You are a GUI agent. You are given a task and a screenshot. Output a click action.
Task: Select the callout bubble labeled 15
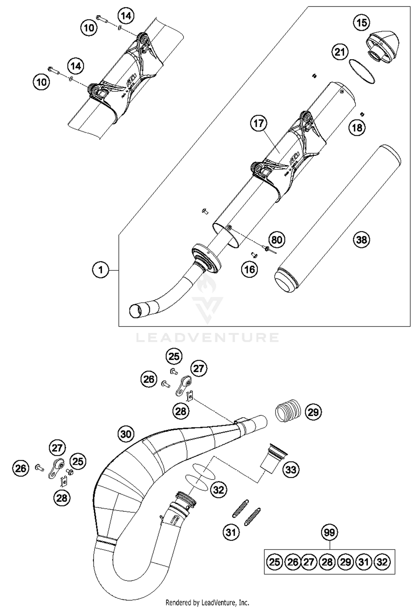pyautogui.click(x=362, y=22)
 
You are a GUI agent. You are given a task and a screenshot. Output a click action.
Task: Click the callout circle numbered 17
pyautogui.click(x=259, y=123)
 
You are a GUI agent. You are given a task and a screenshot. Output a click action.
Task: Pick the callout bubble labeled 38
pyautogui.click(x=361, y=240)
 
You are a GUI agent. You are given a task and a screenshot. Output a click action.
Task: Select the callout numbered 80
pyautogui.click(x=277, y=240)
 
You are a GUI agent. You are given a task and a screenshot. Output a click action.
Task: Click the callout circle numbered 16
pyautogui.click(x=250, y=269)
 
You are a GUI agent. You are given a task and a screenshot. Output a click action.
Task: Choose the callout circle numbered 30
pyautogui.click(x=126, y=434)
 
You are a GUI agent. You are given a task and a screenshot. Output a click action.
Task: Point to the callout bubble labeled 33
pyautogui.click(x=291, y=470)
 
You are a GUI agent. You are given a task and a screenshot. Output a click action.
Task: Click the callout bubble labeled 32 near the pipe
pyautogui.click(x=219, y=490)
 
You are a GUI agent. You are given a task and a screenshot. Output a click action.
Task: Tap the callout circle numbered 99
pyautogui.click(x=329, y=532)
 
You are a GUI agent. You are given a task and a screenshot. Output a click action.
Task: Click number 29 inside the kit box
pyautogui.click(x=345, y=562)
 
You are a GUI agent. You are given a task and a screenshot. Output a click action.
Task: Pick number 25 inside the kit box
pyautogui.click(x=274, y=562)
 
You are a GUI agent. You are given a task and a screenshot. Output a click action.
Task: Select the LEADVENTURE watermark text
pyautogui.click(x=207, y=338)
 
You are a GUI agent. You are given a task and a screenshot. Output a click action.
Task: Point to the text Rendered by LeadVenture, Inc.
pyautogui.click(x=207, y=602)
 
